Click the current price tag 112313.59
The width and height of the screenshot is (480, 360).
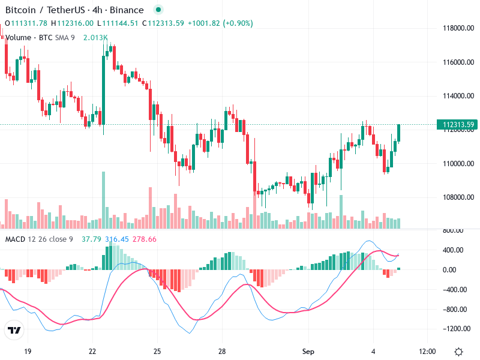459,125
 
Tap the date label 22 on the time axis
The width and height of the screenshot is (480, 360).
92,352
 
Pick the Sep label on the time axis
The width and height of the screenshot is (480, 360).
308,352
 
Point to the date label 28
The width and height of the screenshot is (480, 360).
221,352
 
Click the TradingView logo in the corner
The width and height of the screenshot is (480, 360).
14,331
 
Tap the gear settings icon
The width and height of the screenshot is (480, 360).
458,352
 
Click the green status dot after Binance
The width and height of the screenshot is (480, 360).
158,10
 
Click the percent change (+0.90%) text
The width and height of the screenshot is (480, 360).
238,23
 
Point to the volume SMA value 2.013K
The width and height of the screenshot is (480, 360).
95,37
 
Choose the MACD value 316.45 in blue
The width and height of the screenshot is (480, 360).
117,239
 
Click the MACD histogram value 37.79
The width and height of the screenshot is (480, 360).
92,239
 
